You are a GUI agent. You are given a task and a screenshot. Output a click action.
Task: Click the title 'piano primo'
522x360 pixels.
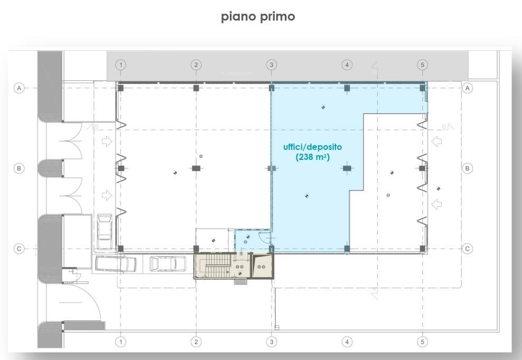(258, 17)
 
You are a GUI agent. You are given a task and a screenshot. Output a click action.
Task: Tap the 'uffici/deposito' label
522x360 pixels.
(312, 147)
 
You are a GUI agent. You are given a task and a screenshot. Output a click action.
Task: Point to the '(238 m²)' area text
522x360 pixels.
(313, 157)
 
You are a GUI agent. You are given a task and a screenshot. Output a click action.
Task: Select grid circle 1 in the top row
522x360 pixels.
(121, 64)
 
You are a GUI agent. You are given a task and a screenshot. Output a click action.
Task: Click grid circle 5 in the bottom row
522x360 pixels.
(423, 342)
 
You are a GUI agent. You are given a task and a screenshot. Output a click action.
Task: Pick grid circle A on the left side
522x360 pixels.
(19, 88)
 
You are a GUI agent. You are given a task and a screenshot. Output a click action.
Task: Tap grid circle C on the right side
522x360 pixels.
(468, 249)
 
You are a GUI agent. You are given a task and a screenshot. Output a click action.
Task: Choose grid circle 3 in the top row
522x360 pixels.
(272, 64)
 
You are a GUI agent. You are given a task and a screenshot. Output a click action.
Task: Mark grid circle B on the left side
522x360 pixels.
(19, 168)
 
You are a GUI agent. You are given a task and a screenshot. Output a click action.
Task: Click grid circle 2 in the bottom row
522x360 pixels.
(196, 342)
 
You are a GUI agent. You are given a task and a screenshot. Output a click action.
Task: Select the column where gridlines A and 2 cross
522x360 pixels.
(196, 88)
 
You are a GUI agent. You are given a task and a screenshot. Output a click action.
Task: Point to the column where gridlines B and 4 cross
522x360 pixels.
(347, 168)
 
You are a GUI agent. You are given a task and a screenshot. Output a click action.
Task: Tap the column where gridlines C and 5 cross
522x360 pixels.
(423, 249)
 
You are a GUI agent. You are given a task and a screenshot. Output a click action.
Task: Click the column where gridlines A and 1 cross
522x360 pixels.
(121, 88)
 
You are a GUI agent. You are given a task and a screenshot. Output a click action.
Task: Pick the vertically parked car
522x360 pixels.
(105, 232)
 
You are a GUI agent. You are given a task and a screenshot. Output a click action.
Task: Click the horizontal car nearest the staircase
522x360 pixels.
(167, 264)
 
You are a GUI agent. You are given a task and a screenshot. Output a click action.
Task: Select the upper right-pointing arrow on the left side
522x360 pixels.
(107, 141)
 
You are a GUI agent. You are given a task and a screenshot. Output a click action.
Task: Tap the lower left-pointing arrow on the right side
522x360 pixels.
(436, 204)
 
